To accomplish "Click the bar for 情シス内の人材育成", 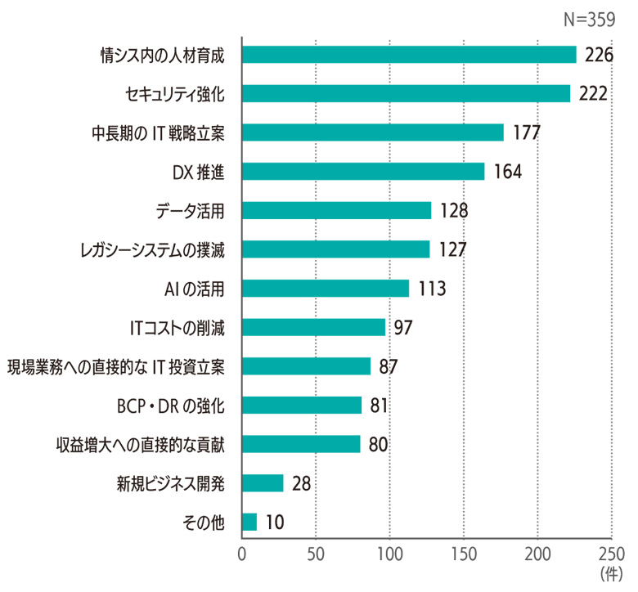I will point(409,55).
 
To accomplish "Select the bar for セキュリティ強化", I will point(407,94).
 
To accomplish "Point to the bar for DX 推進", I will point(363,172).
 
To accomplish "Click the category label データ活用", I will point(190,211).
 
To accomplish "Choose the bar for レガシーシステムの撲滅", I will point(336,249).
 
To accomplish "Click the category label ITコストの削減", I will point(177,328).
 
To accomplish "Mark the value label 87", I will point(388,366).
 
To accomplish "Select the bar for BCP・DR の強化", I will point(302,406).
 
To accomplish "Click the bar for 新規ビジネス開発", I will point(263,483).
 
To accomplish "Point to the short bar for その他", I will point(249,522).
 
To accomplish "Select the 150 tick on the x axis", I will point(464,553).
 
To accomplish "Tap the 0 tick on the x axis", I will point(242,553).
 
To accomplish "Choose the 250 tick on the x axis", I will point(612,553).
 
